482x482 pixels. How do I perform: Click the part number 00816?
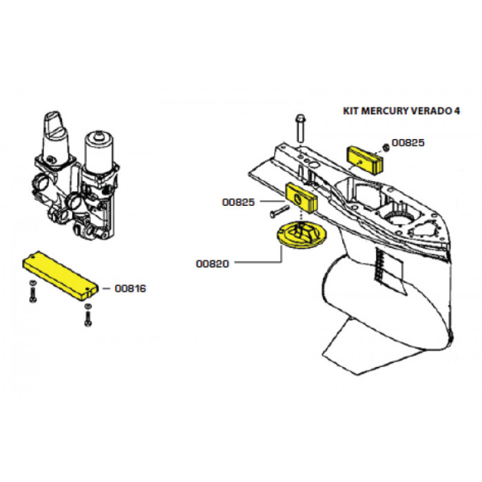click(x=130, y=289)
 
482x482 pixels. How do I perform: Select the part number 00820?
click(x=212, y=264)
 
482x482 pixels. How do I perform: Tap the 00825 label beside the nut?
click(x=408, y=143)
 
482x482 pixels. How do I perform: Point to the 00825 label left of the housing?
click(x=238, y=202)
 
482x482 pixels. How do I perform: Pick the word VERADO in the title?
click(x=432, y=111)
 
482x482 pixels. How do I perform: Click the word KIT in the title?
click(x=350, y=111)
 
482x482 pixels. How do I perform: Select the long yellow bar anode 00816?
click(x=61, y=275)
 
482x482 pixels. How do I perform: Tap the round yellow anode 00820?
click(x=302, y=235)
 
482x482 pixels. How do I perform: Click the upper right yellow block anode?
click(x=365, y=160)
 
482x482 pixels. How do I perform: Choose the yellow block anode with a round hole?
click(x=302, y=198)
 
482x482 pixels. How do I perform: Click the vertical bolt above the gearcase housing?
click(x=300, y=128)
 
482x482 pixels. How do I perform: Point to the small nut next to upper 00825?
click(x=386, y=147)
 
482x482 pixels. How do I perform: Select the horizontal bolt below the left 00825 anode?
click(x=280, y=211)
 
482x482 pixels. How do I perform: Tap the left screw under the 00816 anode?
click(x=33, y=291)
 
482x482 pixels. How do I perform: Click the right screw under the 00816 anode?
click(x=88, y=315)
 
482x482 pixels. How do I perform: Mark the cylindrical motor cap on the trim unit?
click(x=99, y=152)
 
